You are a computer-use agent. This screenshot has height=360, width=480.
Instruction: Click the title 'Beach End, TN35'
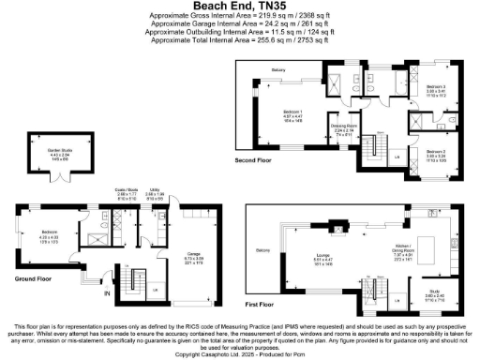[239, 6]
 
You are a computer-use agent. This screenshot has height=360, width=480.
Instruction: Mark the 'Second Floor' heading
[254, 160]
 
